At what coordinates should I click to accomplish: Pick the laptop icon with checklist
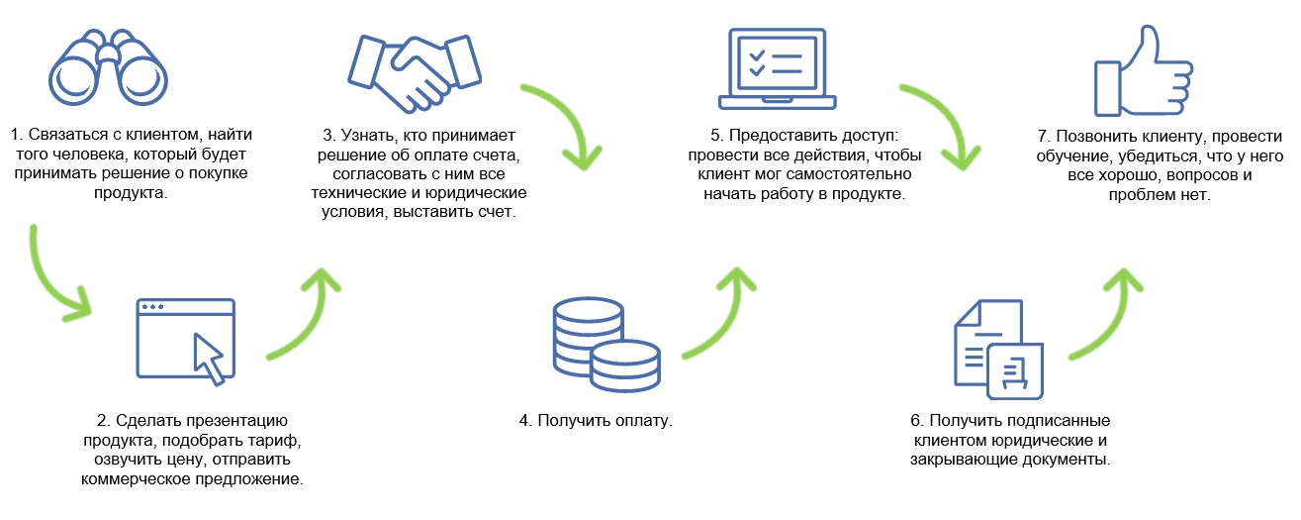pyautogui.click(x=777, y=67)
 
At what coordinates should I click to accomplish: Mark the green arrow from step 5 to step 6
pyautogui.click(x=940, y=124)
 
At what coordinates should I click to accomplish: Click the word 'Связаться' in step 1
pyautogui.click(x=62, y=134)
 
